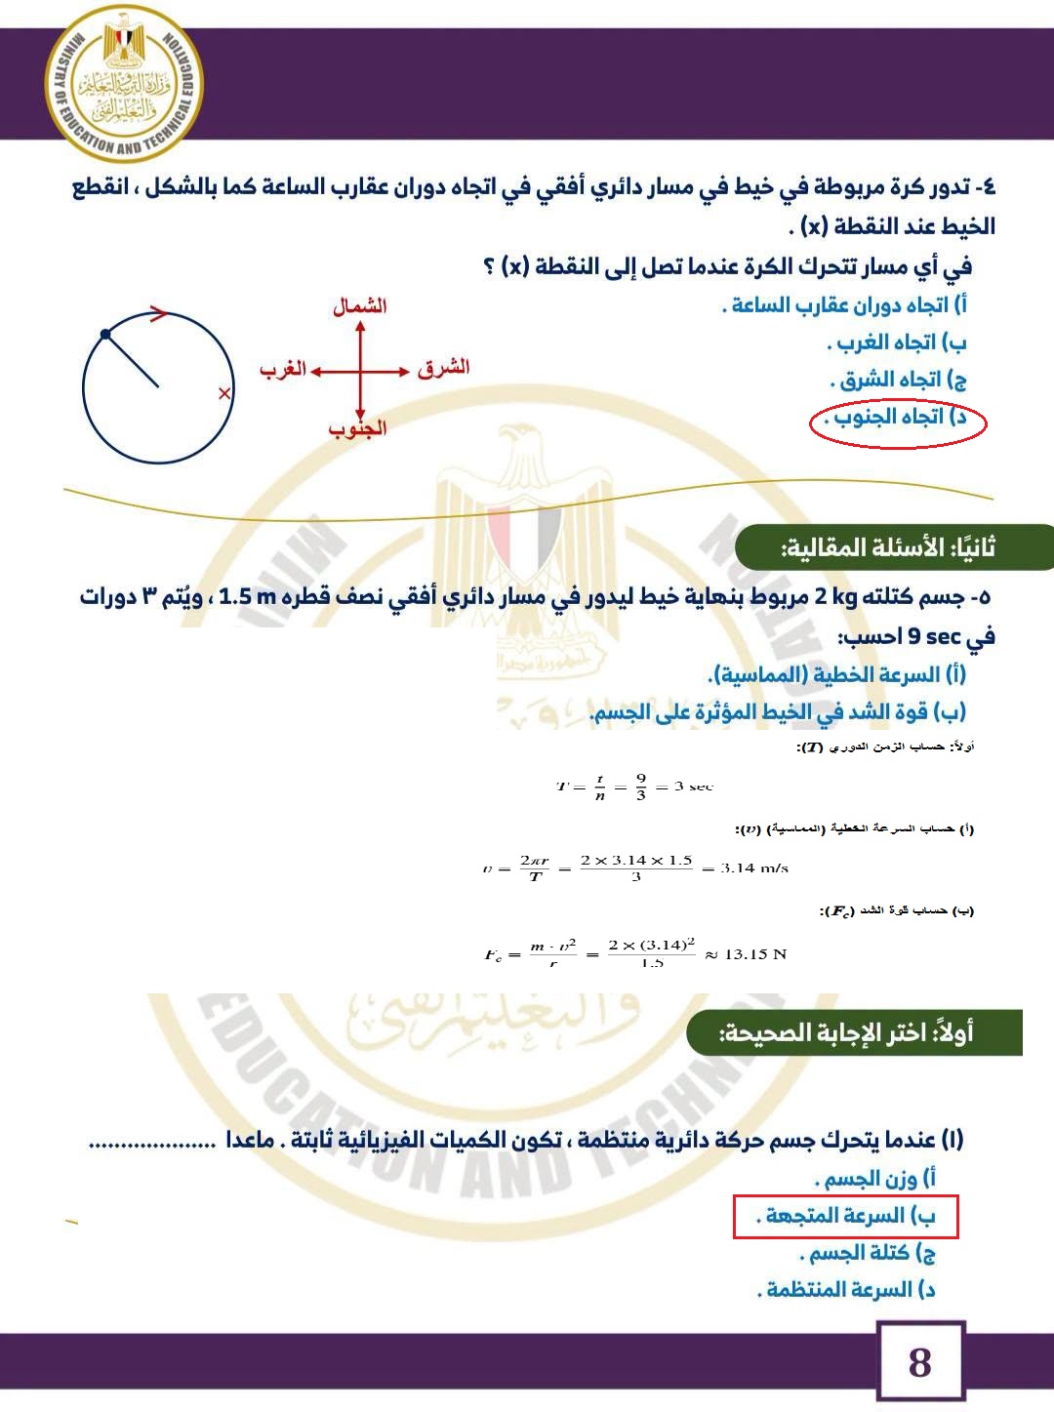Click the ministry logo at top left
click(124, 84)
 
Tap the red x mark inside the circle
click(224, 393)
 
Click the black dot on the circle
click(105, 335)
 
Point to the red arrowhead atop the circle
click(159, 313)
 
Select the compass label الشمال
click(360, 306)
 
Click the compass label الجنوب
click(357, 429)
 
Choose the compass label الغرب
click(283, 369)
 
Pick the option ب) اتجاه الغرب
click(898, 343)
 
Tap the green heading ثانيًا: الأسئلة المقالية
click(888, 548)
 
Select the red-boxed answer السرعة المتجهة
click(846, 1216)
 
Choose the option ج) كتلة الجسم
click(869, 1253)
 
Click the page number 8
click(919, 1362)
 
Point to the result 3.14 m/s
click(753, 867)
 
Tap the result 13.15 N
click(754, 953)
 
